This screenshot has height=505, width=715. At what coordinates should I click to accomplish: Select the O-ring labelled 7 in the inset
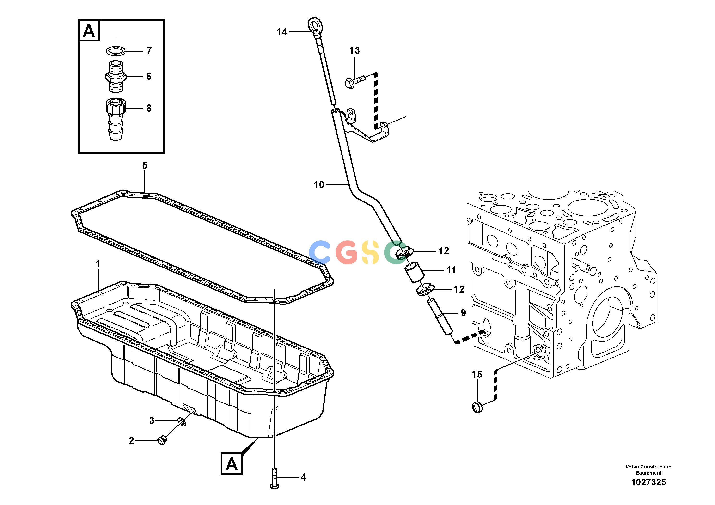(x=116, y=50)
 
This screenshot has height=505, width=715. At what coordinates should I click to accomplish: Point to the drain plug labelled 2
(x=162, y=440)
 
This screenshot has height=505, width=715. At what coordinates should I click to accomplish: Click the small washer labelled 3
(x=182, y=422)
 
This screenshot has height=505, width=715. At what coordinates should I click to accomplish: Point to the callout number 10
(x=319, y=185)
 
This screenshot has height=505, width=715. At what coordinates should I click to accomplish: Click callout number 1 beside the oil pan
(x=98, y=264)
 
